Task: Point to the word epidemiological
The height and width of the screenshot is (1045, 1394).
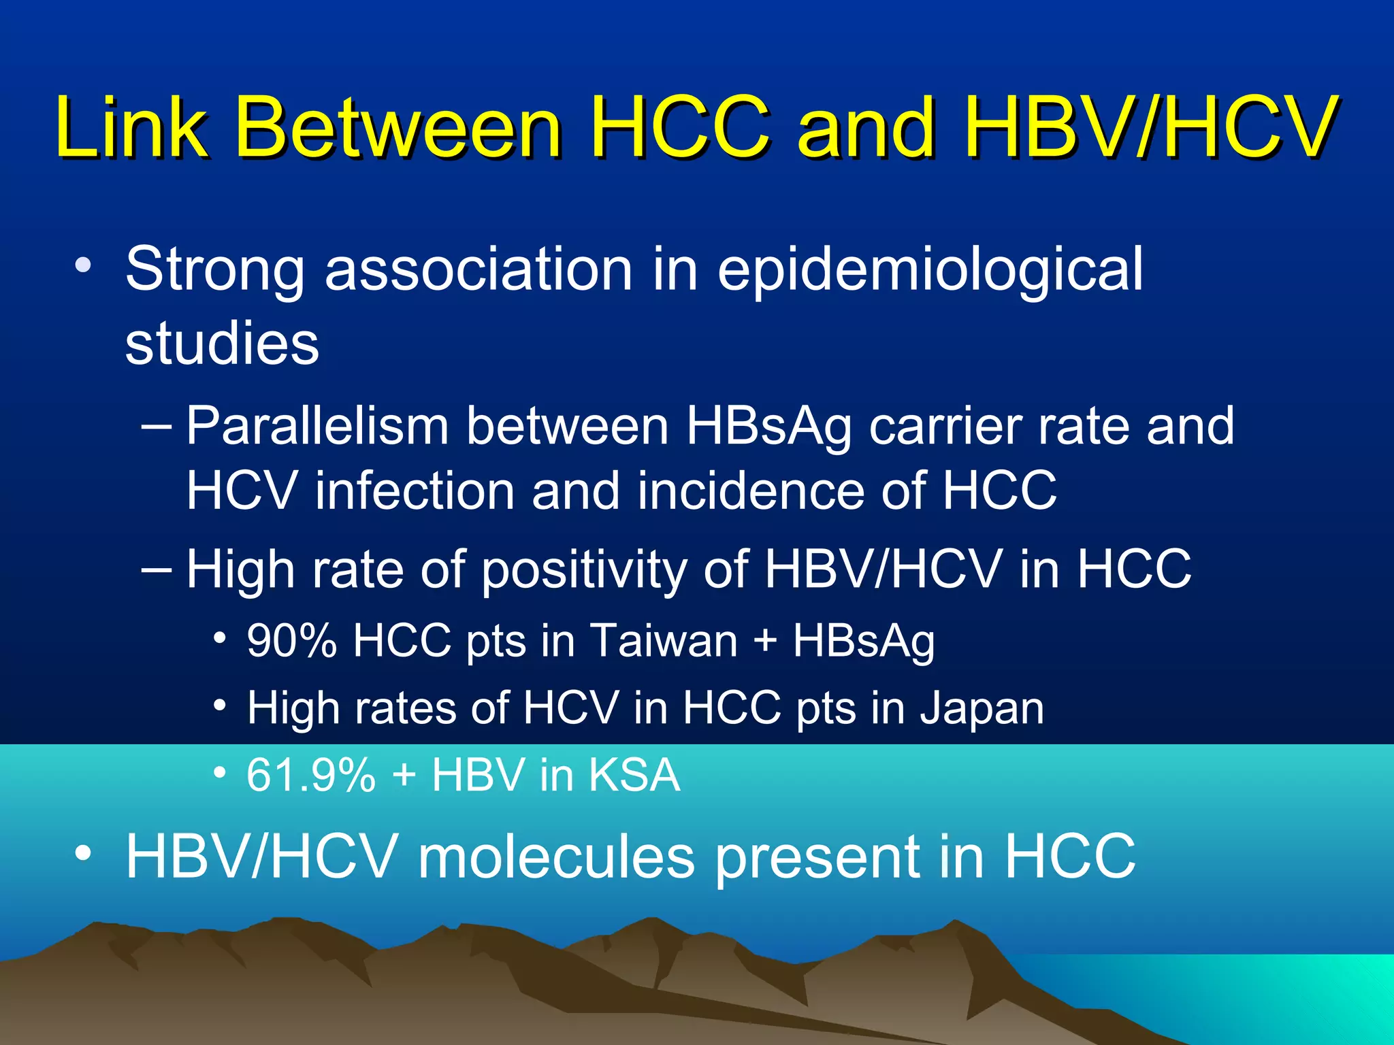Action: point(930,270)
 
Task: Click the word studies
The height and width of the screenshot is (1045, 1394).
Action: point(222,343)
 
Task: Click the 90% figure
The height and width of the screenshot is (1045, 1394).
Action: point(291,641)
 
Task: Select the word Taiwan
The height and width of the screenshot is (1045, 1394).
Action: point(664,641)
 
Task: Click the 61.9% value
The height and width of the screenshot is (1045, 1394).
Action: point(310,775)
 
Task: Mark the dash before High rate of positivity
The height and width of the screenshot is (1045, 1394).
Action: point(156,569)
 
